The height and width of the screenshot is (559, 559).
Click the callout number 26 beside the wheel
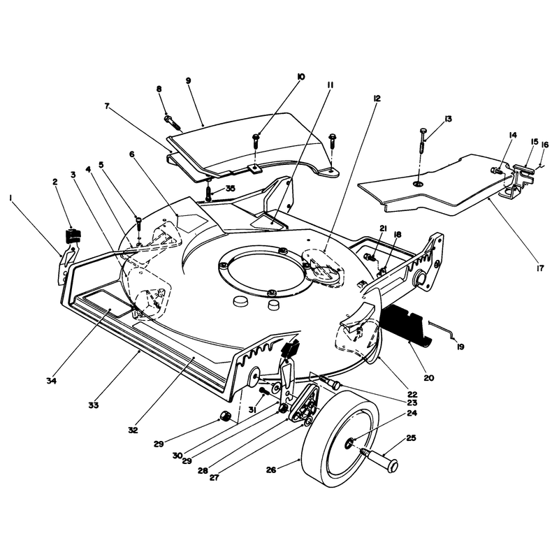pyautogui.click(x=271, y=470)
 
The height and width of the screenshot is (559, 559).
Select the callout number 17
pyautogui.click(x=540, y=268)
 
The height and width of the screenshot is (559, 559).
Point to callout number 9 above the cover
pyautogui.click(x=189, y=80)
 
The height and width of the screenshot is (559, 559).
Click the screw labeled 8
pyautogui.click(x=173, y=122)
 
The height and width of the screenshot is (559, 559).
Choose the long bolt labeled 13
pyautogui.click(x=423, y=140)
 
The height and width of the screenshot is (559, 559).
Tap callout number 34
pyautogui.click(x=51, y=381)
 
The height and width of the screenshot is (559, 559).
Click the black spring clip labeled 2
pyautogui.click(x=73, y=235)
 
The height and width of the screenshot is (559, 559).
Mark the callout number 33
pyautogui.click(x=94, y=405)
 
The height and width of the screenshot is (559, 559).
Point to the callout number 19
pyautogui.click(x=460, y=347)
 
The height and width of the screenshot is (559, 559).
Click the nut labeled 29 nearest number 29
pyautogui.click(x=224, y=415)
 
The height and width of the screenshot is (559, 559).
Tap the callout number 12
pyautogui.click(x=377, y=98)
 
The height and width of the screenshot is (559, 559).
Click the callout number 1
pyautogui.click(x=10, y=197)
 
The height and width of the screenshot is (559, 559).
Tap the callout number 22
pyautogui.click(x=412, y=395)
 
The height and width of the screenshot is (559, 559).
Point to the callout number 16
pyautogui.click(x=545, y=145)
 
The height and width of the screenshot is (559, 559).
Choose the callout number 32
pyautogui.click(x=133, y=430)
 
